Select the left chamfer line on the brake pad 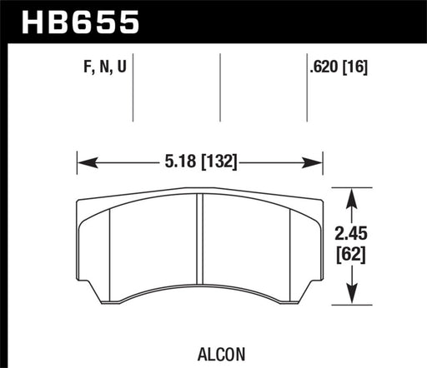pyautogui.click(x=109, y=250)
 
